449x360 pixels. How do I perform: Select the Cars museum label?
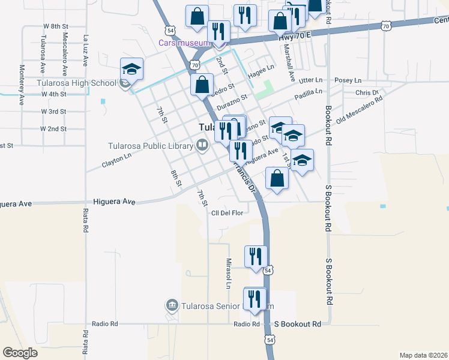[184, 43]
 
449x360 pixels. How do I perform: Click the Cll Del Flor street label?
[226, 213]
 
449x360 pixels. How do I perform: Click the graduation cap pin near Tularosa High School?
[131, 69]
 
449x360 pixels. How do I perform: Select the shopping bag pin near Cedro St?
[202, 83]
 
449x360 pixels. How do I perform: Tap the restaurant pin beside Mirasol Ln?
[256, 256]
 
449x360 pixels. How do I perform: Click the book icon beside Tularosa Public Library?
[202, 145]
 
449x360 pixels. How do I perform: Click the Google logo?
[20, 353]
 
